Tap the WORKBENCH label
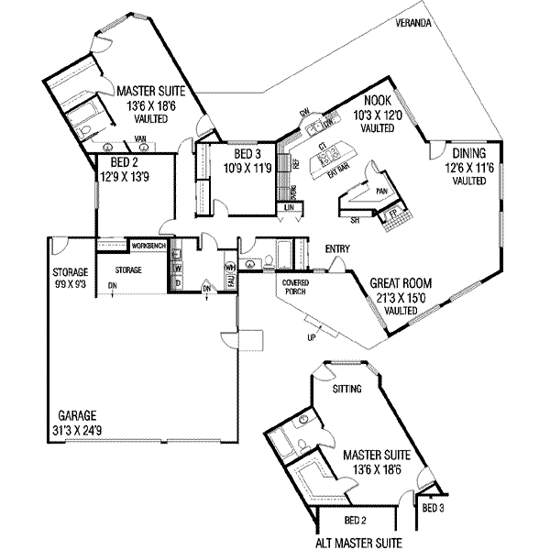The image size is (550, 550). click(148, 247)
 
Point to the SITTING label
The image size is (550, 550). click(347, 389)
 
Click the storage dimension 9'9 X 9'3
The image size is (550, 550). click(69, 285)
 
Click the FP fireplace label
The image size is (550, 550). click(394, 215)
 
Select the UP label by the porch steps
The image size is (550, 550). click(312, 337)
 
